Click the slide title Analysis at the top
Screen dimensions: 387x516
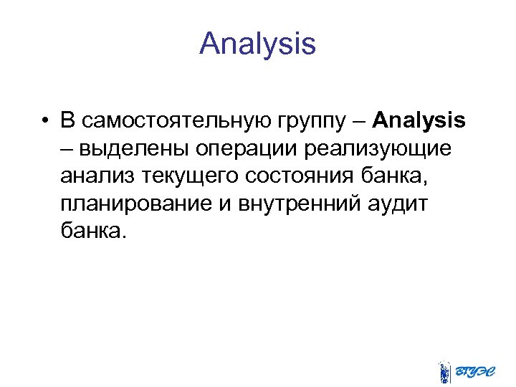coord(257,44)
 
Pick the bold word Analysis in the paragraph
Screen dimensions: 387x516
coord(419,121)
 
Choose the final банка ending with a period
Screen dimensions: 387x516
coord(93,231)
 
